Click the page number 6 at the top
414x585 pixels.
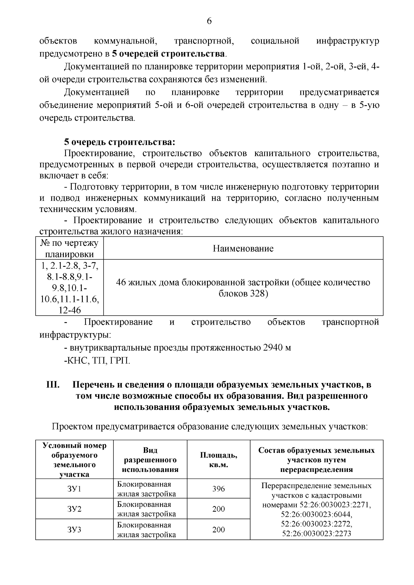(x=209, y=21)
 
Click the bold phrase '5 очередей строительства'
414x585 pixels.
(x=168, y=54)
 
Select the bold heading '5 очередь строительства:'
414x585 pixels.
(x=119, y=142)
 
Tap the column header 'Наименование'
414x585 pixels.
(x=243, y=248)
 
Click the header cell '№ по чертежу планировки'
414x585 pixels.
(x=69, y=248)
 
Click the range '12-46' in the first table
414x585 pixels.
(x=69, y=310)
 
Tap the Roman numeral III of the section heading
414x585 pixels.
(x=53, y=385)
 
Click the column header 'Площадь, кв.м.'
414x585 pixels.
(x=218, y=460)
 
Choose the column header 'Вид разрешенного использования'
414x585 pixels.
(x=150, y=460)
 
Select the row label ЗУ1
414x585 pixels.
(x=75, y=489)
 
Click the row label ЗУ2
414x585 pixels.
(x=75, y=509)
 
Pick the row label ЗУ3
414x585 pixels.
(x=75, y=529)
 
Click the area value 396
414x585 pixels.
(x=218, y=489)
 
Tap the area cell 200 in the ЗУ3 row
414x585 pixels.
(x=218, y=529)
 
